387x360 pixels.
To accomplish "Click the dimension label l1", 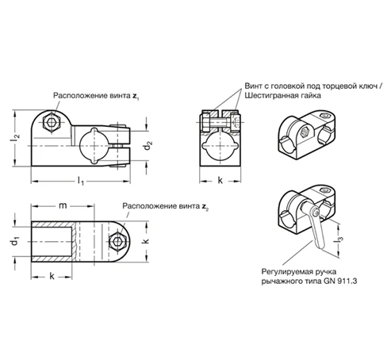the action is click(x=80, y=182).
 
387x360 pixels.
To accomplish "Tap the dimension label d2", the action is click(x=148, y=146).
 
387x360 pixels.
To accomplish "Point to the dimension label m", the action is click(x=63, y=205).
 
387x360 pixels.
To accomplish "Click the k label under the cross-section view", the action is click(x=220, y=181).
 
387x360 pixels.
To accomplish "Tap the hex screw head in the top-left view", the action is click(x=52, y=122).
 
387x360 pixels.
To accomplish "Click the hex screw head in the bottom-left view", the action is click(x=117, y=241).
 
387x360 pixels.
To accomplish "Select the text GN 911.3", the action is click(x=339, y=281).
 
